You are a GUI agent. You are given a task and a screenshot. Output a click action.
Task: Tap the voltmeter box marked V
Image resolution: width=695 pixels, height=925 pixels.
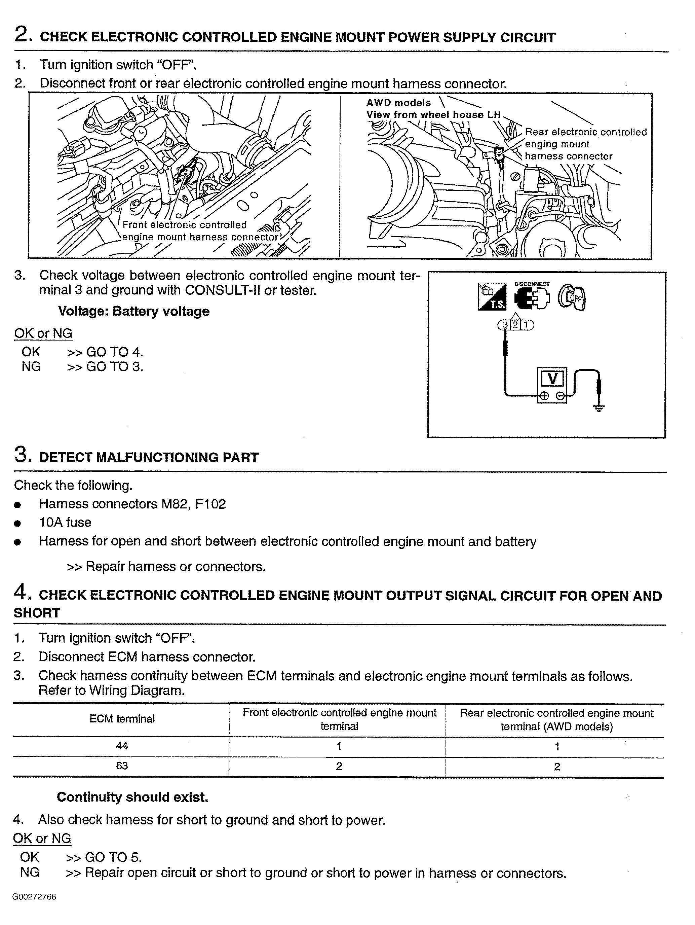point(552,379)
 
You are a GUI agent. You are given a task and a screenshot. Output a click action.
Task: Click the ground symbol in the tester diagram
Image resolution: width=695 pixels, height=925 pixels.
point(599,408)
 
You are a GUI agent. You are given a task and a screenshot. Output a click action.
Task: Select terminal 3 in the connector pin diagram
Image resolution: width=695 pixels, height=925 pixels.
point(505,324)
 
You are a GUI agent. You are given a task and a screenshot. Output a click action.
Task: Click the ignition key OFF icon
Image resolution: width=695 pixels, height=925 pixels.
point(573,298)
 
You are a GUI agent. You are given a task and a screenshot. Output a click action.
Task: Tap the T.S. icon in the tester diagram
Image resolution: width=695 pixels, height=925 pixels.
point(492,296)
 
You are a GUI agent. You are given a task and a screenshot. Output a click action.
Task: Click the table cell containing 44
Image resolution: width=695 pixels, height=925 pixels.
point(122,746)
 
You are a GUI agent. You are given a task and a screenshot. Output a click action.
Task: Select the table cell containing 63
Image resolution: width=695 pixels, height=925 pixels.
point(122,766)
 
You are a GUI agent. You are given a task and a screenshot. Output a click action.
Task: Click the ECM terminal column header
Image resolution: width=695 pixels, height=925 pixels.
point(122,719)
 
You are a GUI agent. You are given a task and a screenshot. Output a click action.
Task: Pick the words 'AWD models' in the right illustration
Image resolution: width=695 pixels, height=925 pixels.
point(398,103)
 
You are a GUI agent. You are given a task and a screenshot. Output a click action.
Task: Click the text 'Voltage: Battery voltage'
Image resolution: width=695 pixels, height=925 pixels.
point(134,311)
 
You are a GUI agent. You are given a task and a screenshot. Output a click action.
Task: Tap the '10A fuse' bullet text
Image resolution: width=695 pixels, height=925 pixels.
point(65,522)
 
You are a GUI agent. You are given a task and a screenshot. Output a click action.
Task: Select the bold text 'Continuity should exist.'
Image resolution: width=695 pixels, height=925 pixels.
point(132,797)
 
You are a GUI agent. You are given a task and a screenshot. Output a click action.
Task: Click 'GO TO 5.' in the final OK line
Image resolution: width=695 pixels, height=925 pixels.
point(113,857)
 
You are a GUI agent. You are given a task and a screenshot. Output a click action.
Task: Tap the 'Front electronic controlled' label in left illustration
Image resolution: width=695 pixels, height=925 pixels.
point(184,225)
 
